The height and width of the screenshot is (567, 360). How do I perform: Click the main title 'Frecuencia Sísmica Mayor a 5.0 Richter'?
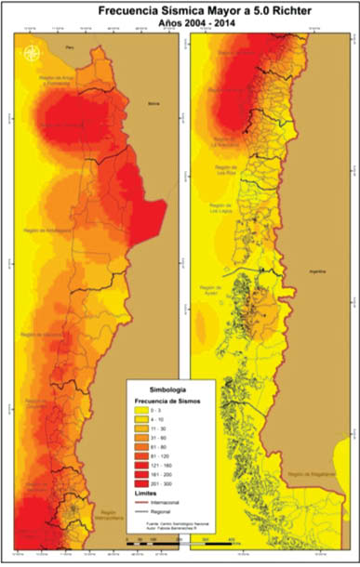pos(181,10)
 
